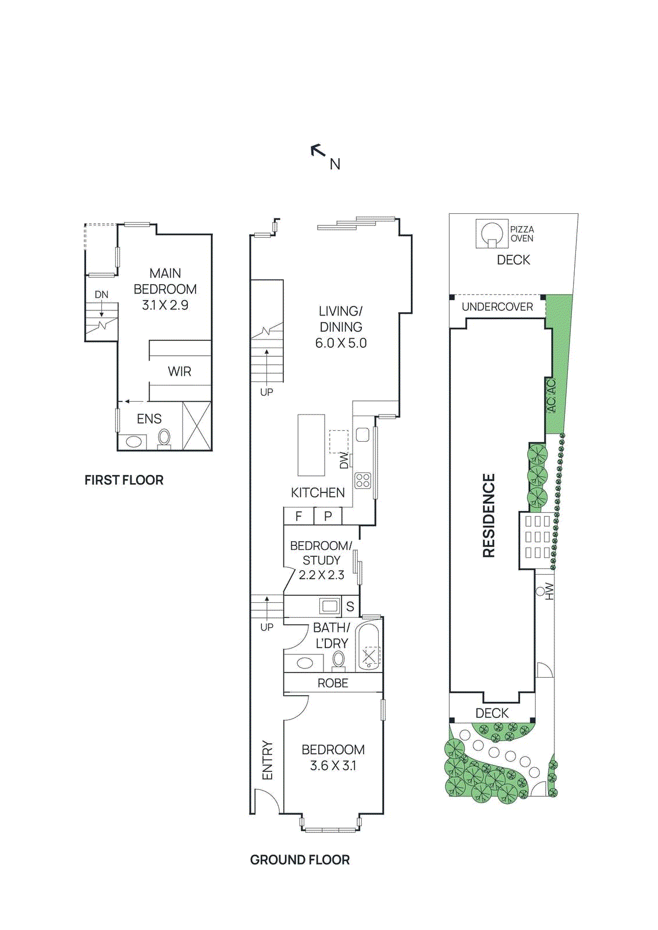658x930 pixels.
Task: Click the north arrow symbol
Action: tap(318, 152)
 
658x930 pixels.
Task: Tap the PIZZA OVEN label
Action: tap(522, 234)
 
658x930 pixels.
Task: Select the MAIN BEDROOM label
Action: tap(165, 289)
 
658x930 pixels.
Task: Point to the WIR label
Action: tap(179, 371)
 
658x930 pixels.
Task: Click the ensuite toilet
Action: tap(165, 438)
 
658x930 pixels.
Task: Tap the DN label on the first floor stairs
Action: tap(102, 295)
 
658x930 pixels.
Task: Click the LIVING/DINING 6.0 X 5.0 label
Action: tap(341, 327)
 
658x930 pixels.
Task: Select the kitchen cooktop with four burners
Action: tap(363, 480)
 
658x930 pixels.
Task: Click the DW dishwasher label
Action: tap(344, 461)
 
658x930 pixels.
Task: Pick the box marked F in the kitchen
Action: tap(298, 516)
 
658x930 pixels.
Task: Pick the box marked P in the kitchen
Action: tap(328, 516)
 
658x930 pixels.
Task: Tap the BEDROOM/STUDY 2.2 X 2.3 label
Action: tap(321, 560)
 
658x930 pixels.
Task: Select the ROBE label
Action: tap(333, 684)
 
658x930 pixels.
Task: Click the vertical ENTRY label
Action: tap(267, 760)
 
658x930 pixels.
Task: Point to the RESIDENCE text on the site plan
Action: tap(489, 516)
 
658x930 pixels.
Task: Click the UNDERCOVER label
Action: tap(497, 307)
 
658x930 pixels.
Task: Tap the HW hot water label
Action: tap(549, 591)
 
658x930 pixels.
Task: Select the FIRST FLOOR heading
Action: tap(124, 480)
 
